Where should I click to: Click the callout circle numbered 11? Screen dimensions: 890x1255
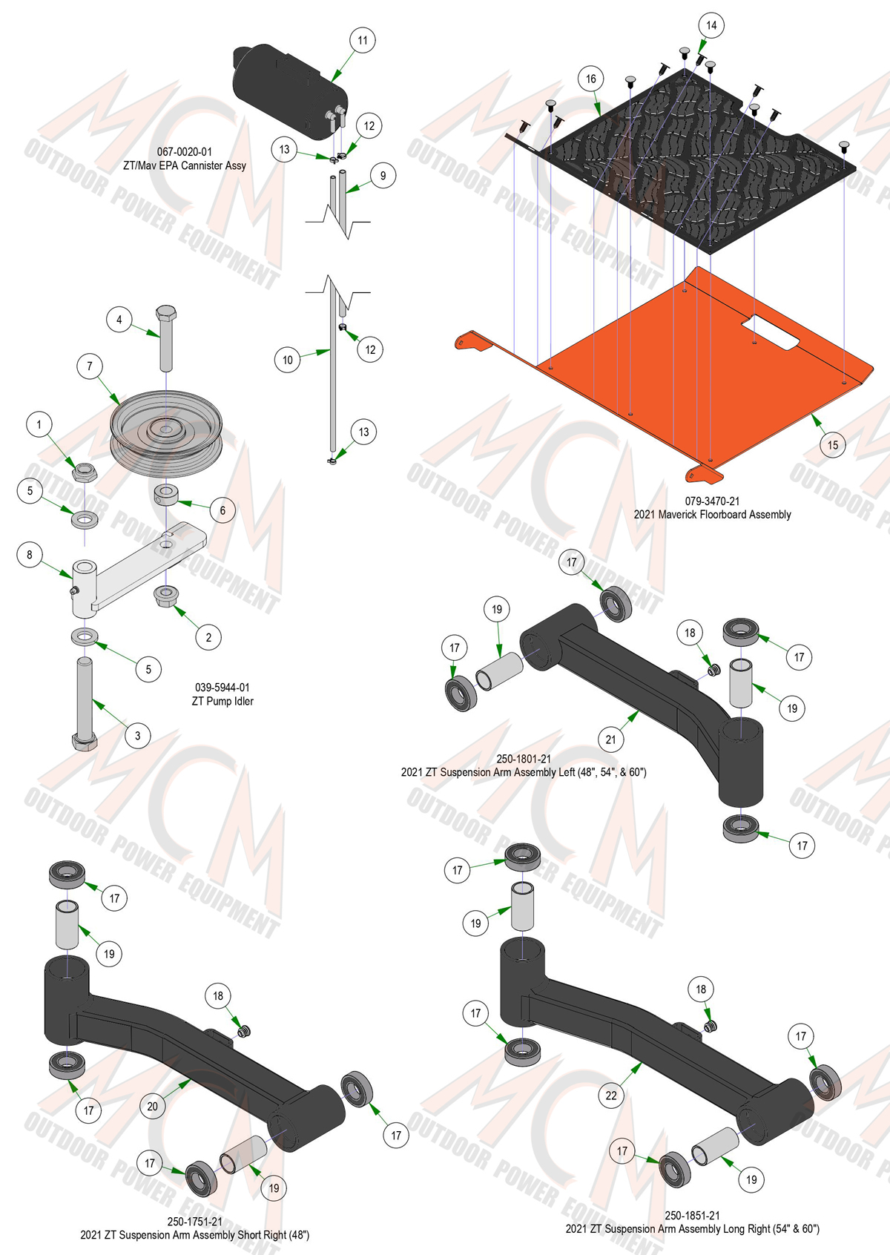coord(363,40)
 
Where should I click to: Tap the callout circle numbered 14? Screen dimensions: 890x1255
coord(711,25)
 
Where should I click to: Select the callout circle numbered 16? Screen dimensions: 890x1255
coord(591,79)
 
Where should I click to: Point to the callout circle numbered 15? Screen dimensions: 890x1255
coord(832,445)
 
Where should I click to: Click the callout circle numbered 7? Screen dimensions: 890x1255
coord(90,366)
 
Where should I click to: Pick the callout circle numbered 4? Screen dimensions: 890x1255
coord(119,320)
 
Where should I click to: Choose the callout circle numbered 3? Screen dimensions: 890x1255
coord(138,736)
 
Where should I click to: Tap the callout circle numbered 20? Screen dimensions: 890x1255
coord(152,1106)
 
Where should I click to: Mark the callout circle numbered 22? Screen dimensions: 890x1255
coord(611,1095)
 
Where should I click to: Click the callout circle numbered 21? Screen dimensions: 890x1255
coord(610,740)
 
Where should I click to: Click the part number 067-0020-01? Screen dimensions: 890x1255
coord(184,152)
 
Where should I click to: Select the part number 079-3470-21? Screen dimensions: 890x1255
coord(712,501)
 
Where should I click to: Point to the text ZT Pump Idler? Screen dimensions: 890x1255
coord(222,701)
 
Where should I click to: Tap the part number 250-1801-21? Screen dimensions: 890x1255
coord(524,759)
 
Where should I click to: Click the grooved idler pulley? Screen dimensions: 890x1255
coord(166,432)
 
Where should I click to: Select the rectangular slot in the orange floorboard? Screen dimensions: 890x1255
coord(770,333)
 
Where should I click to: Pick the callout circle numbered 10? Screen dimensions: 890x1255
coord(287,360)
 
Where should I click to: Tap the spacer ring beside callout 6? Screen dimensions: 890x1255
coord(166,495)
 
